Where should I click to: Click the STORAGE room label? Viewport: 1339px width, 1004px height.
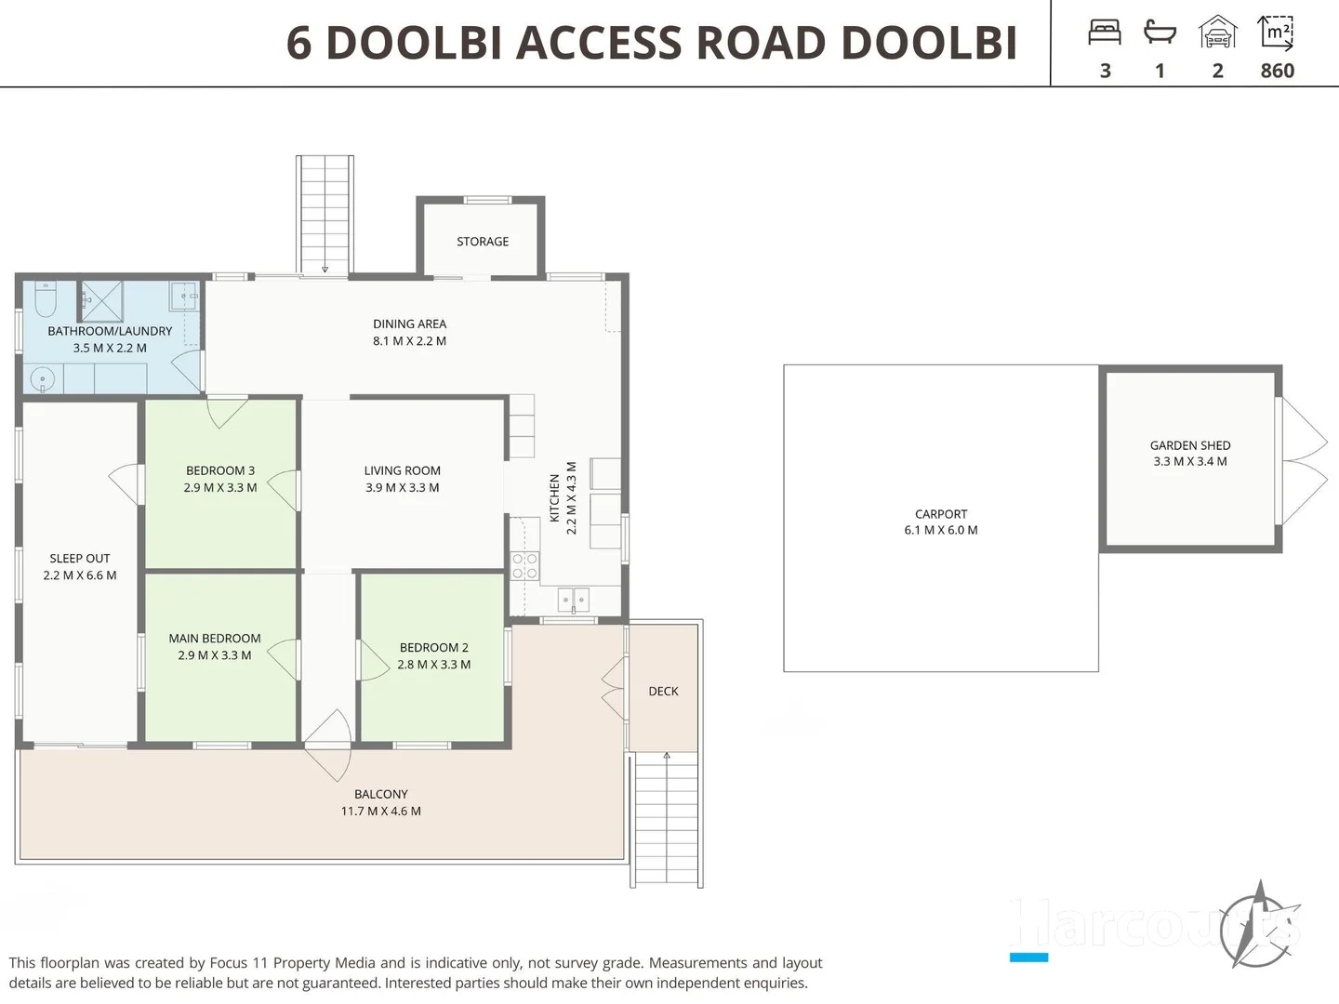tap(483, 242)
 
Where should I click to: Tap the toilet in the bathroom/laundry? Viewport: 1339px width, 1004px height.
tap(46, 299)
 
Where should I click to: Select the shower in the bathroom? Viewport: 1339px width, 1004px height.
tap(101, 300)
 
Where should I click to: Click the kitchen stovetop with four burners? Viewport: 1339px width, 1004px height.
tap(524, 566)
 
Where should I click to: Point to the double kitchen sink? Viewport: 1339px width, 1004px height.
tap(573, 600)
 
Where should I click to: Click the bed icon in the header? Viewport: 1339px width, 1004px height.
tap(1105, 33)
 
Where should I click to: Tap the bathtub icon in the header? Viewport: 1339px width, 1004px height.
tap(1160, 33)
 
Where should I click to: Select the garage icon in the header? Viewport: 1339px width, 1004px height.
tap(1217, 33)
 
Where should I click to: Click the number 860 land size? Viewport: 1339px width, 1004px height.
tap(1277, 71)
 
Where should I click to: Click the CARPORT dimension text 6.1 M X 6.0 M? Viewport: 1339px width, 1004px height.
tap(941, 530)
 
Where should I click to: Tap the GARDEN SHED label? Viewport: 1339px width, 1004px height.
tap(1190, 445)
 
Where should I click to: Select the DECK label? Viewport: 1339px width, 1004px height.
tap(663, 691)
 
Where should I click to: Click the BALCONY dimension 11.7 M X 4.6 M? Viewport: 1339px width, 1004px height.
tap(380, 811)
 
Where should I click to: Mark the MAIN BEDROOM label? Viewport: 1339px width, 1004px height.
tap(215, 638)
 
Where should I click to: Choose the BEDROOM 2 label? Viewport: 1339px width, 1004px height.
tap(434, 647)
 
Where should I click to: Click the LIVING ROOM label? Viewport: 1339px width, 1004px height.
tap(403, 470)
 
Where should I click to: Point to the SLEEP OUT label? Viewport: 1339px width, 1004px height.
tap(80, 558)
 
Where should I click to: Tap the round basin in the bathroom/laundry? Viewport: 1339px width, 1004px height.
tap(42, 378)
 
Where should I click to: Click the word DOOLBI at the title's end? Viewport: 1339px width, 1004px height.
tap(929, 43)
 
